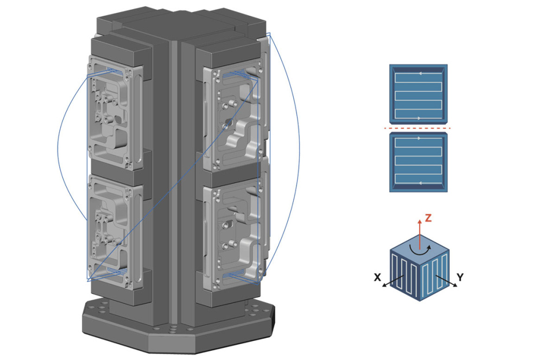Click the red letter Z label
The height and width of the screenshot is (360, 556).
coord(428,218)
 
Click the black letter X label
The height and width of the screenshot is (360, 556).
coord(377,278)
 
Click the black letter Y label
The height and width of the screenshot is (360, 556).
coord(460,277)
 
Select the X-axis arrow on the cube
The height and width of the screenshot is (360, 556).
coord(392,281)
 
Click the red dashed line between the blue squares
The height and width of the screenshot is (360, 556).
coord(418,129)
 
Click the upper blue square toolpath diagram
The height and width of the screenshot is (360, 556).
coord(418,93)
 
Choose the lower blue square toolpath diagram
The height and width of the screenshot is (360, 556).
coord(418,162)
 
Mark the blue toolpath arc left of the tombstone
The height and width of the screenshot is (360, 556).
coord(58,147)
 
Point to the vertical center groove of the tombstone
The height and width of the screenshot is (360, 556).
coord(174,179)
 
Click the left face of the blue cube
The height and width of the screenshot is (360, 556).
coord(405,275)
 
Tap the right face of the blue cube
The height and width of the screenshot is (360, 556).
coord(434,275)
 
